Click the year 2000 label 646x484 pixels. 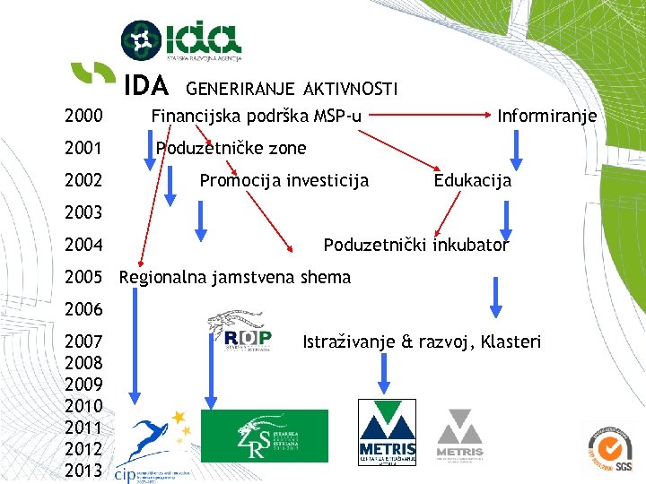pyautogui.click(x=83, y=117)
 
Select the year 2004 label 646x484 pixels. pyautogui.click(x=83, y=245)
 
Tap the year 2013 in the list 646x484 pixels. pyautogui.click(x=83, y=470)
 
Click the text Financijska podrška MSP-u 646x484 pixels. pyautogui.click(x=257, y=116)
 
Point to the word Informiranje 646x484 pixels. pyautogui.click(x=547, y=116)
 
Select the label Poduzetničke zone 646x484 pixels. pyautogui.click(x=231, y=148)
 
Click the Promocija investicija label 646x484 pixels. pyautogui.click(x=284, y=180)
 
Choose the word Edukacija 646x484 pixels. pyautogui.click(x=473, y=180)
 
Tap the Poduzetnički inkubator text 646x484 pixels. pyautogui.click(x=415, y=245)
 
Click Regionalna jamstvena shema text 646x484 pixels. pyautogui.click(x=235, y=277)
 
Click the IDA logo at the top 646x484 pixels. pyautogui.click(x=181, y=39)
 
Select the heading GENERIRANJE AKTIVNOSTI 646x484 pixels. pyautogui.click(x=292, y=87)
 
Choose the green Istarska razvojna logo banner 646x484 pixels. pyautogui.click(x=265, y=436)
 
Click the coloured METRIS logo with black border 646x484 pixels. pyautogui.click(x=387, y=434)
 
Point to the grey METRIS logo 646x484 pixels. pyautogui.click(x=459, y=434)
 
